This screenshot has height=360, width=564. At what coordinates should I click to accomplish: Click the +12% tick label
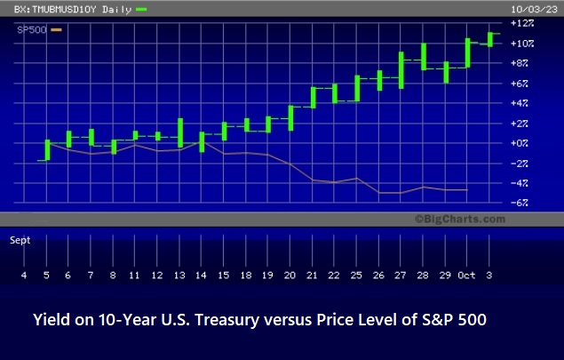[x=522, y=23]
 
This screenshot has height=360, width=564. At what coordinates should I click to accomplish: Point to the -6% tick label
[x=520, y=203]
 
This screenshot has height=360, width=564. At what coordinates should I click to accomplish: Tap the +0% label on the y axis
[x=520, y=143]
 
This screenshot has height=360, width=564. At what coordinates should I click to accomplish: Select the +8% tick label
[x=520, y=63]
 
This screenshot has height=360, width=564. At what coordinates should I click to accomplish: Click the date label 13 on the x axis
[x=179, y=276]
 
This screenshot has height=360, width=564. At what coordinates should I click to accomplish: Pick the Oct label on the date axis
[x=466, y=276]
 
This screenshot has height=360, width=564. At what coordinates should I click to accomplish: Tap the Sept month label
[x=20, y=240]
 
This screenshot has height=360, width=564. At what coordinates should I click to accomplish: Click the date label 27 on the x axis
[x=400, y=276]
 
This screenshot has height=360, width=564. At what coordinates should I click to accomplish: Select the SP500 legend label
[x=32, y=30]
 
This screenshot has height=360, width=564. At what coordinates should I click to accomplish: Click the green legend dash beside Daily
[x=141, y=10]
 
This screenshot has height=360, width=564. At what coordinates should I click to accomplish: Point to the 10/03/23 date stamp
[x=534, y=10]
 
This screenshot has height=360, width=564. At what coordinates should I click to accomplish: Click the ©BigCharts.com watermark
[x=460, y=219]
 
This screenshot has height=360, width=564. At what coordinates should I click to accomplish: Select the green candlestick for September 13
[x=180, y=132]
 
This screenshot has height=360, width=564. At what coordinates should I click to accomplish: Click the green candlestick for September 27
[x=401, y=70]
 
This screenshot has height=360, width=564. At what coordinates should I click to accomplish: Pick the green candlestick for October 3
[x=490, y=40]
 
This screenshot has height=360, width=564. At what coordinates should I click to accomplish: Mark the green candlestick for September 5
[x=47, y=149]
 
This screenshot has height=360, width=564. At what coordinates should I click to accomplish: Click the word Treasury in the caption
[x=227, y=320]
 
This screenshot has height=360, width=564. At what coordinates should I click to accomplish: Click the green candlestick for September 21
[x=314, y=98]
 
